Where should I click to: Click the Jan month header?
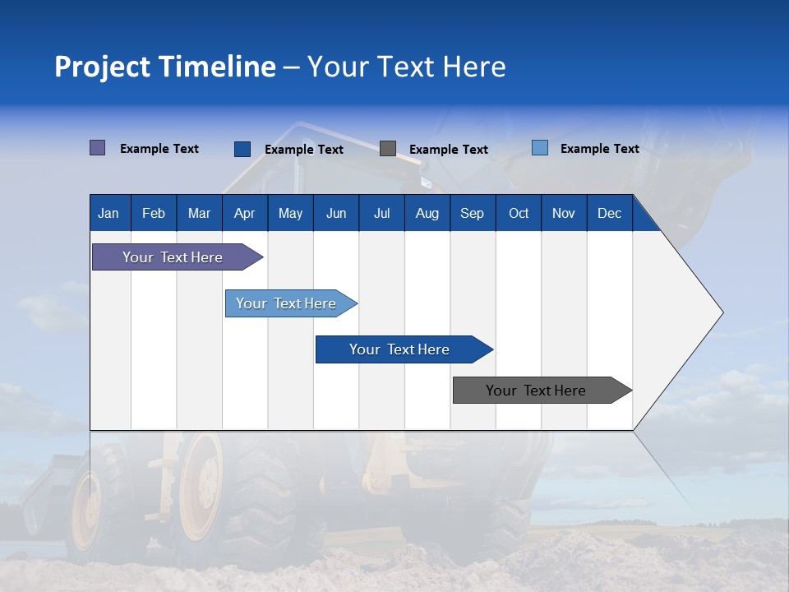(x=108, y=213)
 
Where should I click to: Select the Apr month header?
(x=244, y=213)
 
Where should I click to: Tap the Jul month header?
(x=381, y=213)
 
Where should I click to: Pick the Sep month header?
(x=472, y=213)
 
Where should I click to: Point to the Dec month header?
(x=609, y=213)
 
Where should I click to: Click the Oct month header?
(x=519, y=213)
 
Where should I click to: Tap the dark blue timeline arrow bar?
(x=400, y=349)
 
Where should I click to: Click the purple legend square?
(x=98, y=148)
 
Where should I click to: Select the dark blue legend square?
(x=242, y=149)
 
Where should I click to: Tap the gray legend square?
(x=388, y=149)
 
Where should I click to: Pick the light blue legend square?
(x=540, y=148)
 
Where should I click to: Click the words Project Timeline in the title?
(x=164, y=67)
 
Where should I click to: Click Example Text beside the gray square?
(x=448, y=150)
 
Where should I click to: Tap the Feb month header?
(x=154, y=213)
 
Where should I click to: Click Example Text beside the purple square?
(x=159, y=149)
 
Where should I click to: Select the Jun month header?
(x=336, y=213)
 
